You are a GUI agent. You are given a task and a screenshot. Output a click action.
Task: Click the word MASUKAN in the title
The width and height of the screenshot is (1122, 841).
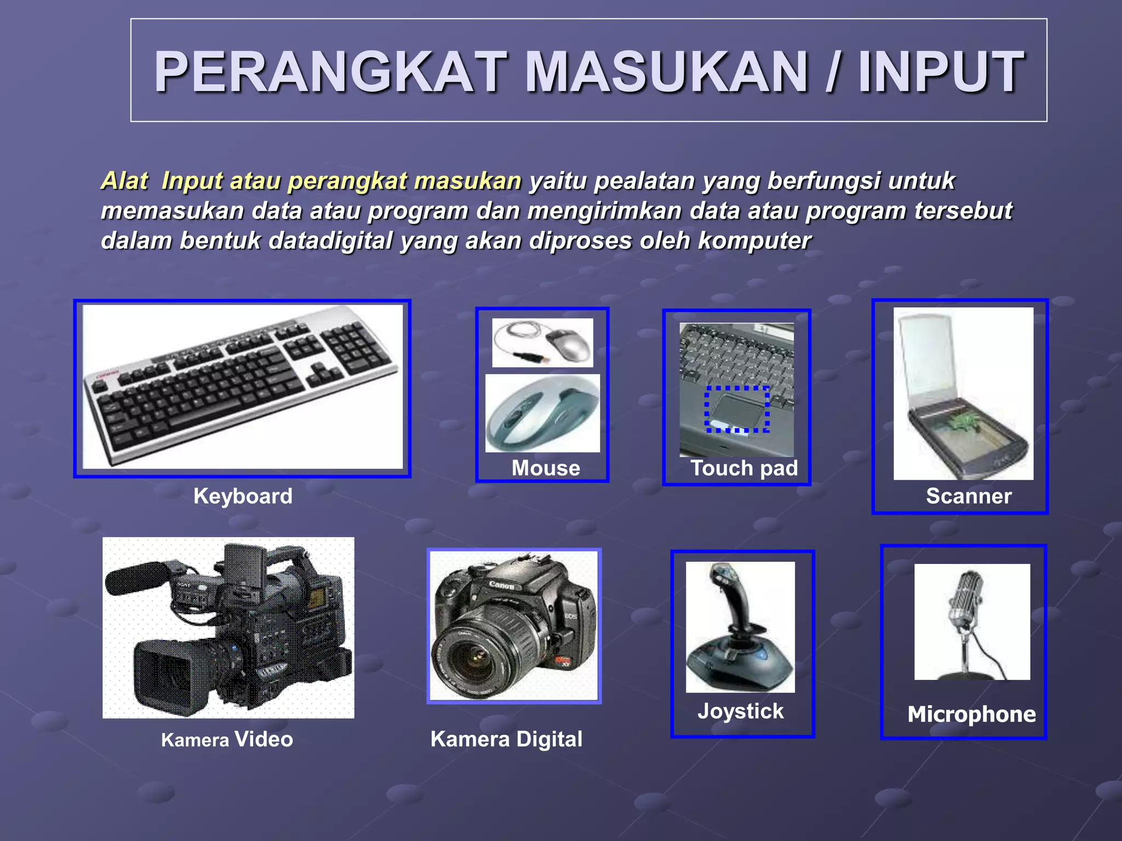666,72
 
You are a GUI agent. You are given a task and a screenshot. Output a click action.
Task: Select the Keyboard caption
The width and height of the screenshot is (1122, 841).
243,496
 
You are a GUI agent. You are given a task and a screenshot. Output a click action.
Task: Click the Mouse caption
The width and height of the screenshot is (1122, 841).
546,468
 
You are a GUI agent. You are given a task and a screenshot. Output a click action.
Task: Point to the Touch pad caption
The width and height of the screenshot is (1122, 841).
743,468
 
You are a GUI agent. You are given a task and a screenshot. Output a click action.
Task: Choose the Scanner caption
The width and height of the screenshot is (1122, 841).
969,496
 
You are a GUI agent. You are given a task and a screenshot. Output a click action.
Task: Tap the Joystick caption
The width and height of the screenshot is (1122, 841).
741,711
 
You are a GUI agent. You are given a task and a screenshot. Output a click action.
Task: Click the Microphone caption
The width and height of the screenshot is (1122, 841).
971,715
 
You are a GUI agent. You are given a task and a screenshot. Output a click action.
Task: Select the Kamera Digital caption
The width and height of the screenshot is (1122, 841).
506,739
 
